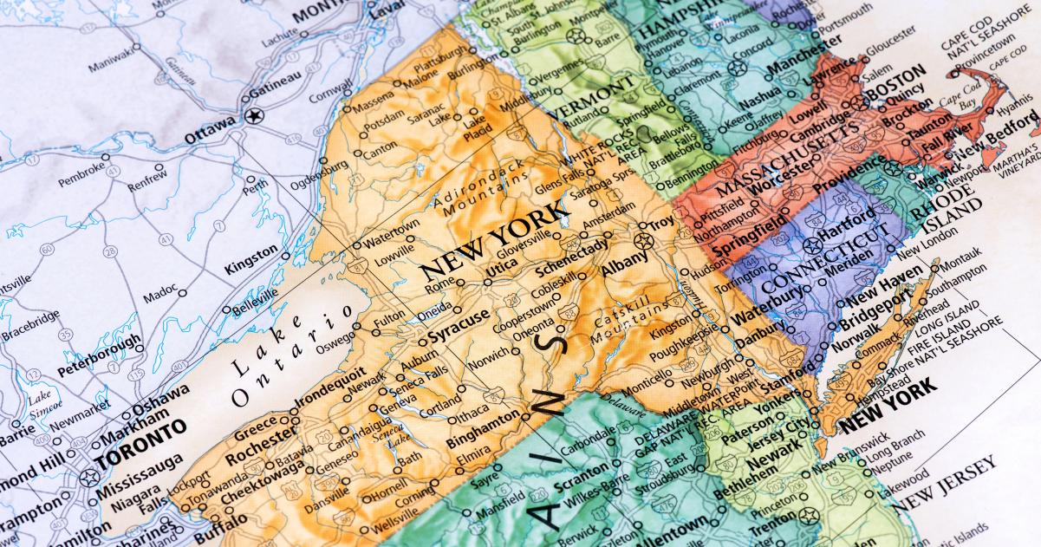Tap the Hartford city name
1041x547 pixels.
(x=847, y=220)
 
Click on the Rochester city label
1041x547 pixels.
(x=255, y=444)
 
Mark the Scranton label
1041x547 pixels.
(x=586, y=476)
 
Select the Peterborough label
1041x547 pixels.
(x=100, y=356)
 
